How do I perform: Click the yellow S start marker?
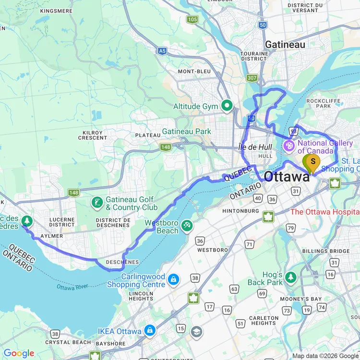pyautogui.click(x=313, y=162)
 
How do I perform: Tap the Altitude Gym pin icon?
pyautogui.click(x=227, y=106)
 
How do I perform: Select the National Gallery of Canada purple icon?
pyautogui.click(x=289, y=145)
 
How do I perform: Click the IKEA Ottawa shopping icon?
pyautogui.click(x=150, y=331)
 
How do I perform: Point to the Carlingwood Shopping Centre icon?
pyautogui.click(x=173, y=279)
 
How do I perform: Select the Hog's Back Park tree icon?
pyautogui.click(x=291, y=277)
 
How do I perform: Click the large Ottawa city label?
pyautogui.click(x=287, y=177)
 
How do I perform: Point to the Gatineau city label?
pyautogui.click(x=285, y=44)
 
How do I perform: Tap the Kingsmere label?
pyautogui.click(x=57, y=11)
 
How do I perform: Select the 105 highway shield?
pyautogui.click(x=192, y=20)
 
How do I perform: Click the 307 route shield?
pyautogui.click(x=252, y=78)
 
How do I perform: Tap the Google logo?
pyautogui.click(x=18, y=353)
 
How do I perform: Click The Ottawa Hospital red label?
pyautogui.click(x=324, y=212)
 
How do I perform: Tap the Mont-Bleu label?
pyautogui.click(x=194, y=72)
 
